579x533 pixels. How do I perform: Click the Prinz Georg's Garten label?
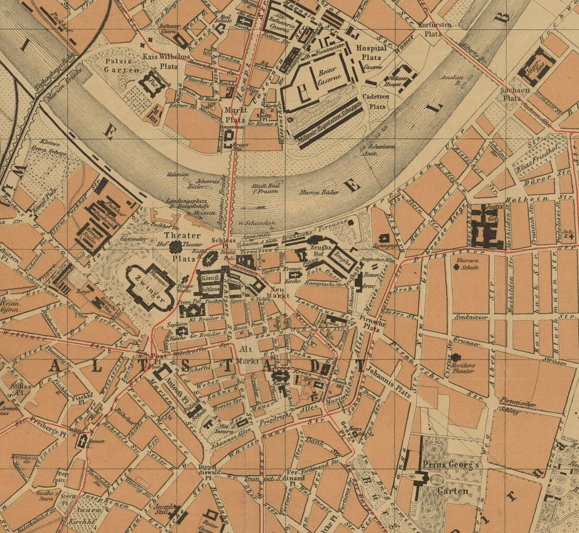pos(451,477)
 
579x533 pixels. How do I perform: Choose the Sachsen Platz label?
pos(512,94)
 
